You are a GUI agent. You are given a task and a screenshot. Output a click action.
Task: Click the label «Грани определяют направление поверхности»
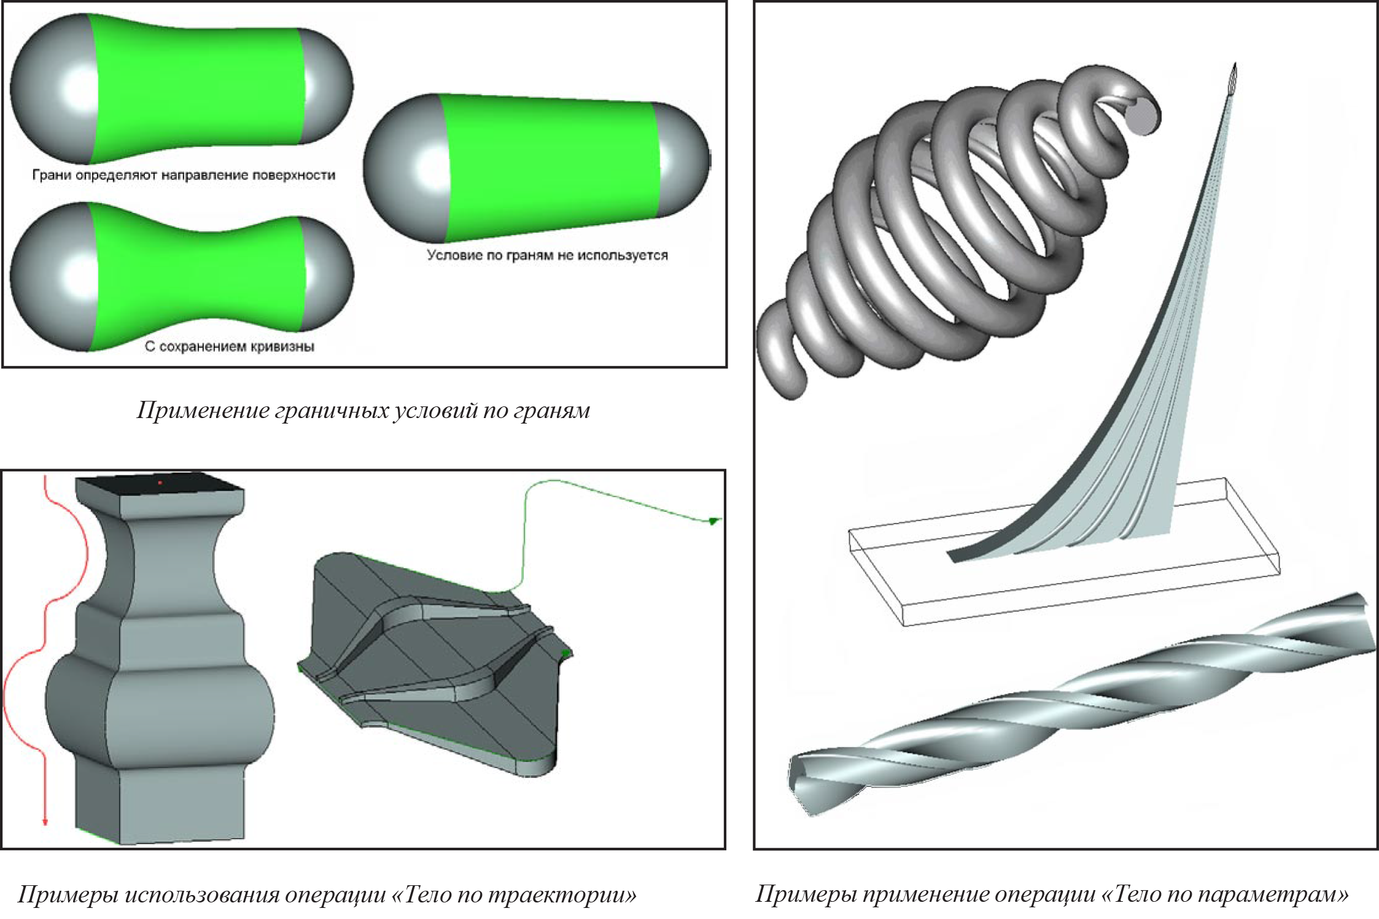[184, 175]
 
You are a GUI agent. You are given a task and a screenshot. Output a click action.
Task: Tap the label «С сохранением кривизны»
[230, 346]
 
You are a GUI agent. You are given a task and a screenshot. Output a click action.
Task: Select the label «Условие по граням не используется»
[547, 255]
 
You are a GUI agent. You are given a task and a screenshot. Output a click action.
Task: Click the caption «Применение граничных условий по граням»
[363, 411]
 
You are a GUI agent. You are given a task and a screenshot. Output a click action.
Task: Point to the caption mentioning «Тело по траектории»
[327, 894]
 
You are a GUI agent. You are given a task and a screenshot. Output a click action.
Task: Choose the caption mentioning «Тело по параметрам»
[1052, 894]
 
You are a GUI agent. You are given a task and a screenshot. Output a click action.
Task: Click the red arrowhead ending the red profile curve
[45, 822]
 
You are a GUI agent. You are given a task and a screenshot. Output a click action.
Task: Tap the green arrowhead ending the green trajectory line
[713, 521]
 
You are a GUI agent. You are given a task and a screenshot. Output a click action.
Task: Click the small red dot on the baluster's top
[160, 483]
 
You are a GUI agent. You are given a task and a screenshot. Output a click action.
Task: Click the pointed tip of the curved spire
[1235, 64]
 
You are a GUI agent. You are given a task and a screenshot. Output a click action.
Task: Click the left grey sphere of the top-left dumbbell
[54, 89]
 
